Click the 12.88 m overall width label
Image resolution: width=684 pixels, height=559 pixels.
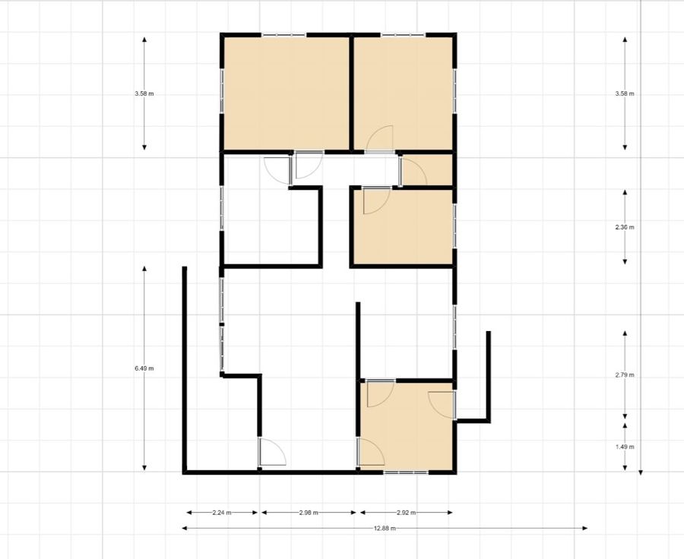tap(385, 529)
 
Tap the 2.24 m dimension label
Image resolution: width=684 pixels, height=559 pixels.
tap(222, 513)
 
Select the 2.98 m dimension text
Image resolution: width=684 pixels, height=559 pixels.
tap(309, 513)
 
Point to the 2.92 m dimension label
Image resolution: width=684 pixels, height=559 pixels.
tap(406, 513)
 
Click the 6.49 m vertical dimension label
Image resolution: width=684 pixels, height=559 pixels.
tap(144, 368)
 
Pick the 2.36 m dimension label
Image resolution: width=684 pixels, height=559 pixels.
tap(625, 227)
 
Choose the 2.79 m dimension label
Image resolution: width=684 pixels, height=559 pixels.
tap(625, 374)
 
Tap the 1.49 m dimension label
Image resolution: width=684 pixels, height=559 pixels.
tap(625, 447)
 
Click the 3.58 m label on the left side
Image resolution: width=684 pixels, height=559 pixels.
tap(144, 93)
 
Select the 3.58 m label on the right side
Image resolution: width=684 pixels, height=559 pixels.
tap(625, 93)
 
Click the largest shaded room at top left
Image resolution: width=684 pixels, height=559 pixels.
tap(287, 93)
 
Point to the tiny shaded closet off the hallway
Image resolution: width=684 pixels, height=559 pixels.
tap(427, 169)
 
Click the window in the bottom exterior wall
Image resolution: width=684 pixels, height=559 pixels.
tap(406, 472)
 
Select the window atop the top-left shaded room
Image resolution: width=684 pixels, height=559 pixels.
tap(284, 34)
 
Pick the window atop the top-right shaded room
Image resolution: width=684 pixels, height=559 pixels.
tap(403, 34)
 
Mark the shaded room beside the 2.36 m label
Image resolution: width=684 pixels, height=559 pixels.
tap(403, 227)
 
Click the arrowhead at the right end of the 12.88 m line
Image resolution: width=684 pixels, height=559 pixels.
tap(585, 529)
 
